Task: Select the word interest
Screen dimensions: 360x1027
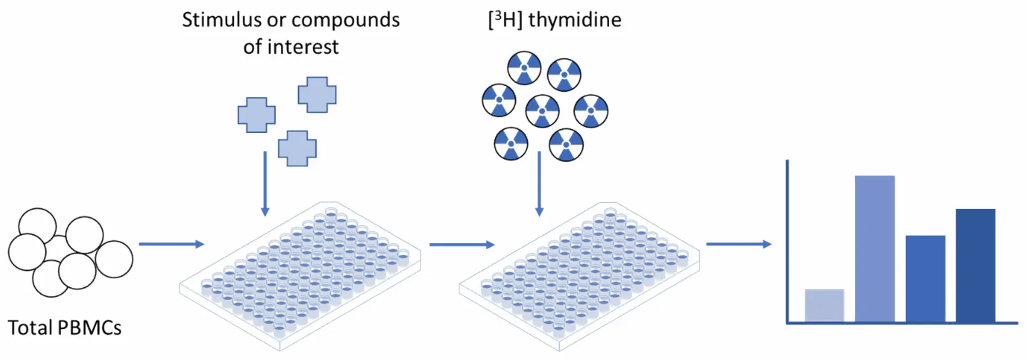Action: (303, 47)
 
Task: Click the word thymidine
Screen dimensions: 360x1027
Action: (575, 20)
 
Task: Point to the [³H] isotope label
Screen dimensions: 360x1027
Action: (504, 20)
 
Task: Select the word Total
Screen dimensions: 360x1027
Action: (30, 327)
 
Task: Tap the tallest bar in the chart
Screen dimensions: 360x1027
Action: (875, 249)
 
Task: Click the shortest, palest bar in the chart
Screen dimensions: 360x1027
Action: (824, 305)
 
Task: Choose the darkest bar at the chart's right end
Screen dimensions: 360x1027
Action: (975, 265)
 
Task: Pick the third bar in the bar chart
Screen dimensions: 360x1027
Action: (925, 279)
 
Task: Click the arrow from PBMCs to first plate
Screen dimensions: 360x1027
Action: (171, 244)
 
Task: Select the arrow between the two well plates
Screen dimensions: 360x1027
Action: (462, 244)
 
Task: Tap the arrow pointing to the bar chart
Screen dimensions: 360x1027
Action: (739, 244)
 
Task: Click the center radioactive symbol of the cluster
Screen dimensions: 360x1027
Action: (542, 111)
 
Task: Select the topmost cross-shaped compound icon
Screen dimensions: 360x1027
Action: (317, 95)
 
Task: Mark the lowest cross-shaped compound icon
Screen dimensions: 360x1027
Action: (297, 148)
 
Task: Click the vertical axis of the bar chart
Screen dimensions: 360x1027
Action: (787, 241)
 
